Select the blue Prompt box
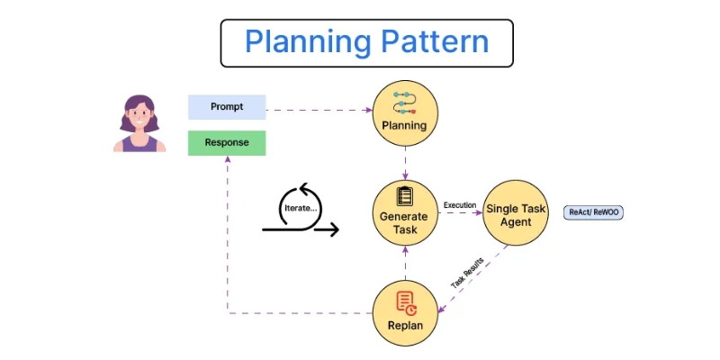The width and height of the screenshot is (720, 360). pyautogui.click(x=227, y=107)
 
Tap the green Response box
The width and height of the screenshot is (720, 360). pyautogui.click(x=227, y=143)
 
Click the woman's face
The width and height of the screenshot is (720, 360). pyautogui.click(x=139, y=116)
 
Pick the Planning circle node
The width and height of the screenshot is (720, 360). pyautogui.click(x=405, y=114)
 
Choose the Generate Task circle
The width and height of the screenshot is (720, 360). pyautogui.click(x=405, y=213)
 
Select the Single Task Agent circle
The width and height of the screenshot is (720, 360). pyautogui.click(x=516, y=213)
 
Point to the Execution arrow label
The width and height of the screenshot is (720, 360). pyautogui.click(x=459, y=205)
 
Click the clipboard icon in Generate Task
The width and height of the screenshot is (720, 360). pyautogui.click(x=405, y=195)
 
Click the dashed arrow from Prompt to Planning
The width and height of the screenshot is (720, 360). pyautogui.click(x=319, y=111)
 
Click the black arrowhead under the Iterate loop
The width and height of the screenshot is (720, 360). pyautogui.click(x=334, y=230)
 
